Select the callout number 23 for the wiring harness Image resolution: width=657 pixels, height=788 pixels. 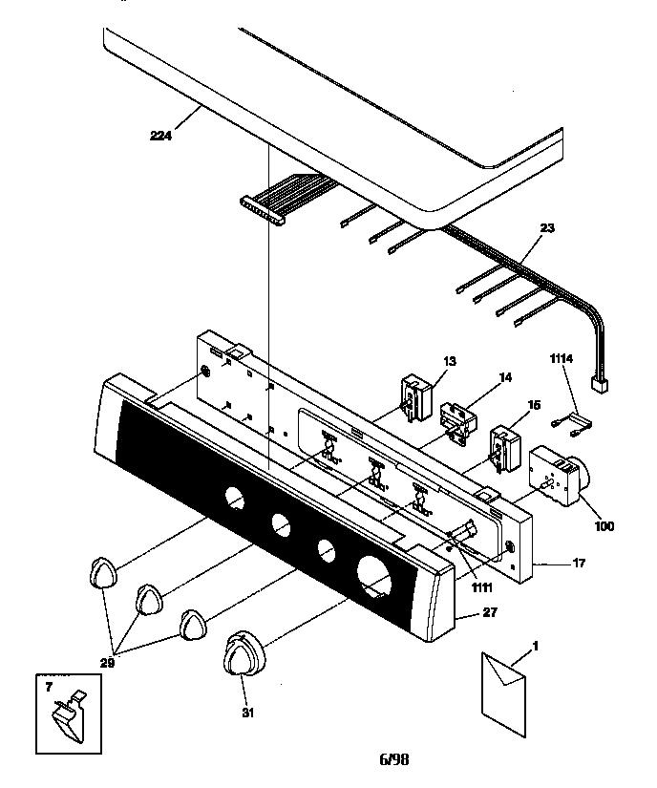tap(546, 227)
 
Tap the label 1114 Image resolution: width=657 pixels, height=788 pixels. tap(562, 358)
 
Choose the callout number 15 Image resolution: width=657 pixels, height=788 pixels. tap(533, 406)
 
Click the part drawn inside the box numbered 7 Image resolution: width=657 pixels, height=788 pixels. tap(67, 715)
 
